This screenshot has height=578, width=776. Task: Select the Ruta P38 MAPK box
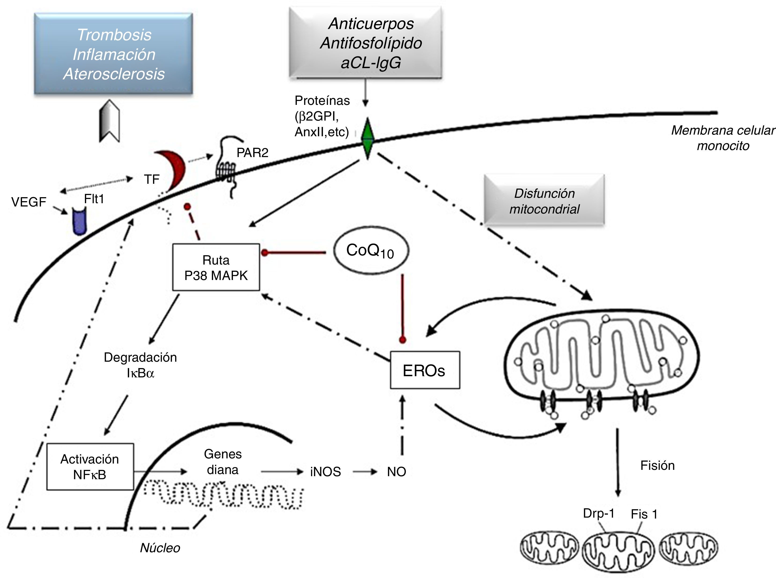[216, 267]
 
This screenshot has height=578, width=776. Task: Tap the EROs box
[425, 370]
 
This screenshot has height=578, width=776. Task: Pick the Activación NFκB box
[90, 467]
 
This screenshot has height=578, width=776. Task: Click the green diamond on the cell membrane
[367, 139]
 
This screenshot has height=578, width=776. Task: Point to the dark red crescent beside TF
[173, 170]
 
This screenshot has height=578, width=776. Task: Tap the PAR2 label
[252, 153]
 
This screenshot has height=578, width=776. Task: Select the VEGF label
[29, 202]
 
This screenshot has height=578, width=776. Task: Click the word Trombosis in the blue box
[114, 35]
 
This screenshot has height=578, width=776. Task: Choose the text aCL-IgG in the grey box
[371, 63]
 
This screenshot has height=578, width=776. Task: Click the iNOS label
[325, 472]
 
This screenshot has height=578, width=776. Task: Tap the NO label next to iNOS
[396, 472]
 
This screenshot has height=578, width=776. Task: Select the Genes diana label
[223, 462]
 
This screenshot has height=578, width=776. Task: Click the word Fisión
[657, 466]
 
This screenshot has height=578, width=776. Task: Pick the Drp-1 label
[599, 513]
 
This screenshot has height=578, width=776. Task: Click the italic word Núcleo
[160, 548]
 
